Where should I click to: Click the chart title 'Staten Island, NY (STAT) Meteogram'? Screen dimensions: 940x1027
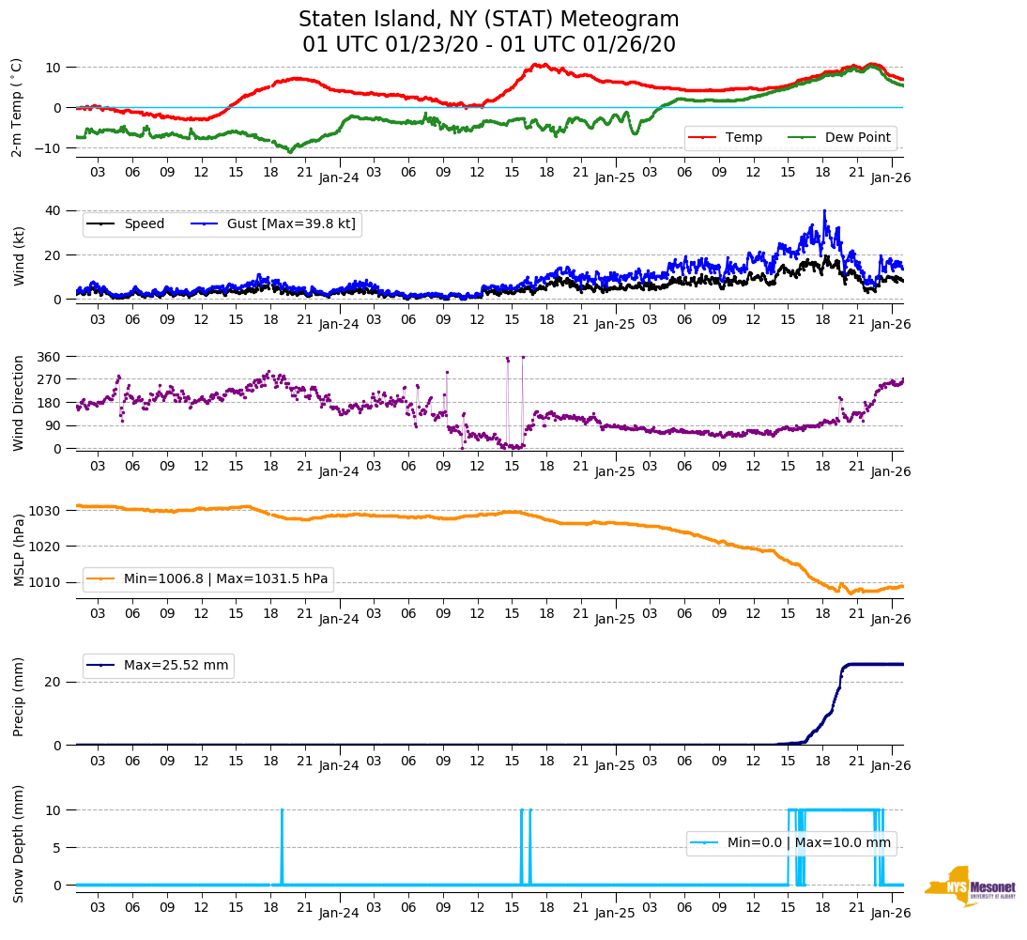point(488,20)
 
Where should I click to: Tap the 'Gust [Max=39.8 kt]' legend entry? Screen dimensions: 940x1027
point(291,223)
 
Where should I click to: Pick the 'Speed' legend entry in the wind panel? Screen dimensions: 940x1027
point(144,223)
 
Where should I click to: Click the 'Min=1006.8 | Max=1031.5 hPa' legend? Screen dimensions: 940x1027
point(225,578)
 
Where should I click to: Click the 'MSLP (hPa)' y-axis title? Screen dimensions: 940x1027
point(20,547)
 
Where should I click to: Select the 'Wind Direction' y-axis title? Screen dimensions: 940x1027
point(20,403)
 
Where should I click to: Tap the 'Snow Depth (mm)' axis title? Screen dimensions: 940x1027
point(20,843)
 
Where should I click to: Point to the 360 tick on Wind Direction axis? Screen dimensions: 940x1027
point(49,357)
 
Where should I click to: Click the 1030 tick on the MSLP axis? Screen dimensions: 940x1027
point(46,511)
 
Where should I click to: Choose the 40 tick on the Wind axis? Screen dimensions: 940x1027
point(54,210)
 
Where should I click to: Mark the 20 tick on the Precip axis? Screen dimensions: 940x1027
point(54,682)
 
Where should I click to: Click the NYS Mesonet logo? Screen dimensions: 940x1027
point(970,886)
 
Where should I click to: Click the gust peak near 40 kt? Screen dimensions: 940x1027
point(824,211)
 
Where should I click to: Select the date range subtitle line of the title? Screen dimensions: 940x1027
point(488,45)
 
